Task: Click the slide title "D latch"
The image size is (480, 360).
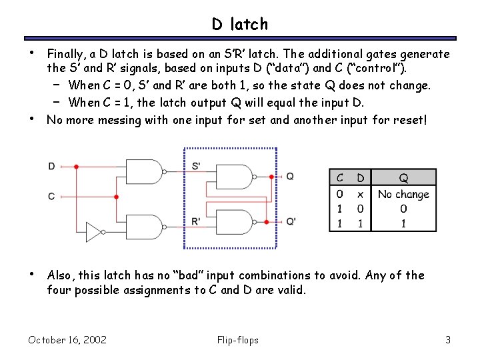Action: coord(240,24)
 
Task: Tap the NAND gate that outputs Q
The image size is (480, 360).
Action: coord(238,177)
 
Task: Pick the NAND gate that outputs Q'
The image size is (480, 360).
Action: coord(238,221)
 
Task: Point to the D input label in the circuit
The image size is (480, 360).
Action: coord(51,166)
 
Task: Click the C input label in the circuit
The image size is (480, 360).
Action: coord(51,197)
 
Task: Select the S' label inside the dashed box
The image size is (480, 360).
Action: coord(196,166)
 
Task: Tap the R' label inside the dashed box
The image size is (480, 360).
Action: coord(196,221)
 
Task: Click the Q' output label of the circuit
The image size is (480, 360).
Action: coord(291,221)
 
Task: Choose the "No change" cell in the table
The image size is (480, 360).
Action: coord(403,195)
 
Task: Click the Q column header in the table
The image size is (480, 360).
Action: coord(403,178)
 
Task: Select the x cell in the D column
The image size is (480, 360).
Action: coord(360,195)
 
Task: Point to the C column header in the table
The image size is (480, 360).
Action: coord(340,178)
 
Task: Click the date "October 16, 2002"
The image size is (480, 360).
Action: coord(67,340)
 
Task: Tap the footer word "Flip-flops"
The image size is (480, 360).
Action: coord(238,340)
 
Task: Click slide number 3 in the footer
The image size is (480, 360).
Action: coord(448,340)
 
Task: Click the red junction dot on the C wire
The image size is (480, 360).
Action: coord(117,197)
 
